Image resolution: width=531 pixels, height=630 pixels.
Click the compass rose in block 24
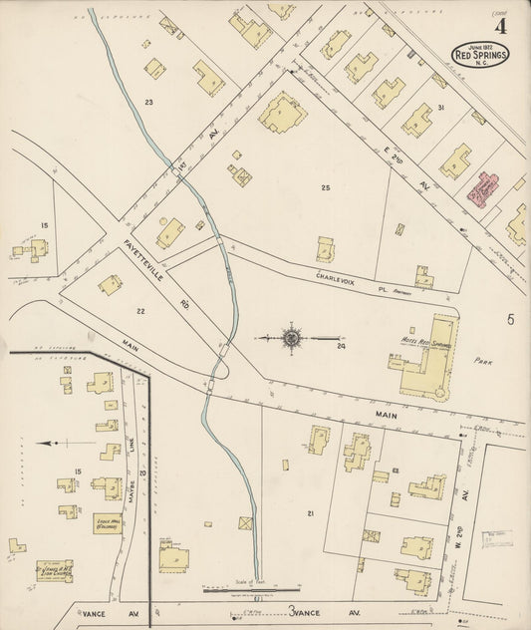point(292,339)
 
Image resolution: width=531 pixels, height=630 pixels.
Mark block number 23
point(149,102)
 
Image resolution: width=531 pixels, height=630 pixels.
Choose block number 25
point(325,187)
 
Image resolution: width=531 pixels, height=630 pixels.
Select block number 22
point(140,312)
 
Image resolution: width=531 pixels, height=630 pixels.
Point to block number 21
point(311,513)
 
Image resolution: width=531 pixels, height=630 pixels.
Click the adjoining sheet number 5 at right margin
point(509,319)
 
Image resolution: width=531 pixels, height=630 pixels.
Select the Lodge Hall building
point(108,522)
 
